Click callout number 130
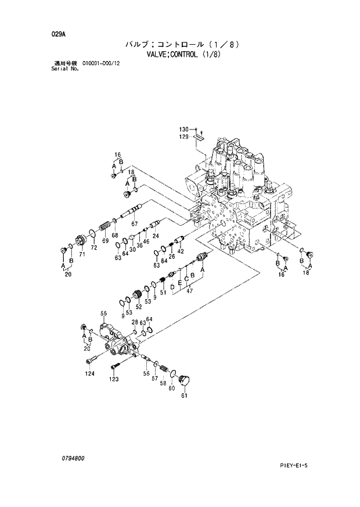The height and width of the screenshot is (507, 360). (184, 129)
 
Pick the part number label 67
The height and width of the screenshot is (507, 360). (134, 224)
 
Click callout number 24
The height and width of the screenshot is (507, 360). (156, 236)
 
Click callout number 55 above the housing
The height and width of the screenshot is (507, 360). (104, 314)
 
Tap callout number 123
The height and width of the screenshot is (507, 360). (114, 379)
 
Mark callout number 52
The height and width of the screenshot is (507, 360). (138, 307)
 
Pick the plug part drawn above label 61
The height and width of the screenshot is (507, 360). (185, 380)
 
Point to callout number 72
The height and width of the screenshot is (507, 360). (93, 247)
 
